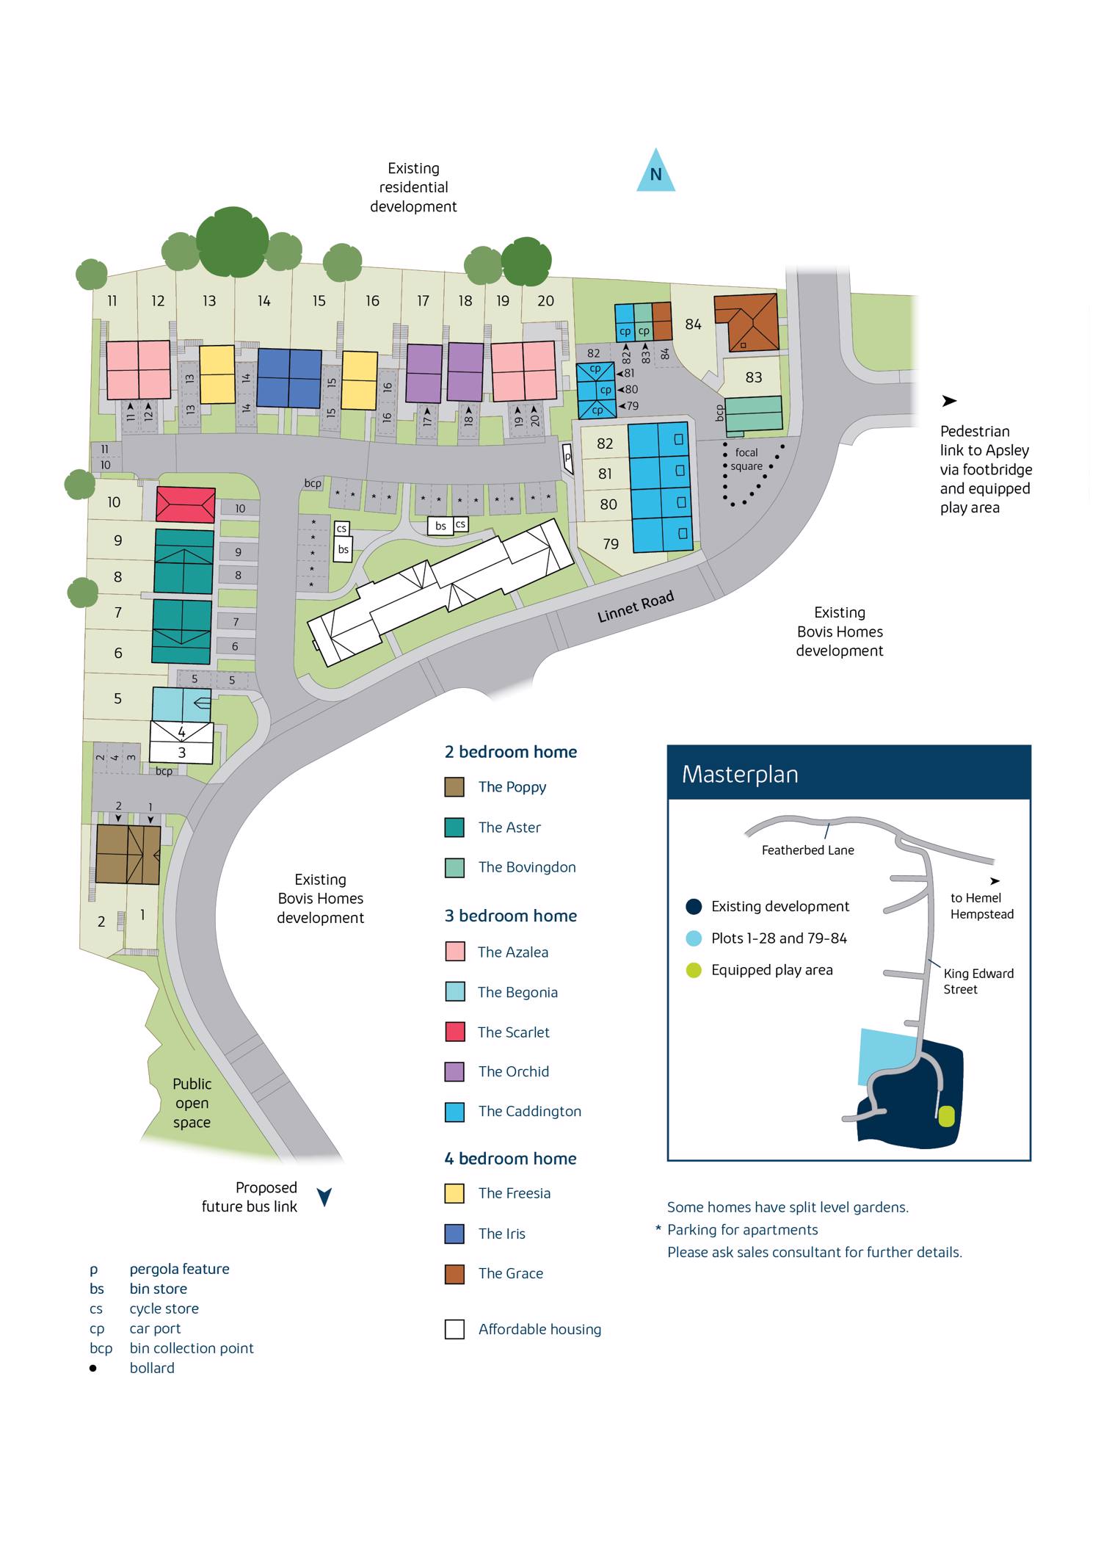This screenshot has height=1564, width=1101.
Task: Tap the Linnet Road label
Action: click(x=635, y=608)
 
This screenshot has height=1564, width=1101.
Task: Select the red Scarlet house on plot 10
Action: click(x=186, y=505)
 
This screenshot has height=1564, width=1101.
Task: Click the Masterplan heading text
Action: click(x=740, y=775)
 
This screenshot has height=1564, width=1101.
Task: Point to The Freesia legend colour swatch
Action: click(x=454, y=1194)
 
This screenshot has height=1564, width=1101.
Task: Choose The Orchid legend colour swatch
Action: click(x=454, y=1072)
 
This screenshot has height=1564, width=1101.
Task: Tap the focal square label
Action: click(x=746, y=460)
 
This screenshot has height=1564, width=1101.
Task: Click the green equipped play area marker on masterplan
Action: click(x=946, y=1117)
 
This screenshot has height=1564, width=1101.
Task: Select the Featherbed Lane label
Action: click(x=807, y=850)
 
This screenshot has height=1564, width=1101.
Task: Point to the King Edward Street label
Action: click(x=978, y=982)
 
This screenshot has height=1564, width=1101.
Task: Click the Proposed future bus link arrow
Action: click(x=324, y=1198)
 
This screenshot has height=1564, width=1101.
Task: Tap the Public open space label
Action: click(x=192, y=1103)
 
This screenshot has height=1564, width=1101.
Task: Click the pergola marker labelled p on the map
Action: click(x=567, y=456)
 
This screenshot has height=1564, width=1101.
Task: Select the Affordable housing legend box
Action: click(x=454, y=1330)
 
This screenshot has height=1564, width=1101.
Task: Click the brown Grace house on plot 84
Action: click(x=746, y=322)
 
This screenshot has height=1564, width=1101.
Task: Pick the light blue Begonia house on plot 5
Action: click(x=181, y=704)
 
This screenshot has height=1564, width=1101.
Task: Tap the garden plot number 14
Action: click(x=264, y=301)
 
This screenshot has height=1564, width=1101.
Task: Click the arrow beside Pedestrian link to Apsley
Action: click(x=949, y=402)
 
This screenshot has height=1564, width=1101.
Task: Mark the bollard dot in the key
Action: click(x=93, y=1368)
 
